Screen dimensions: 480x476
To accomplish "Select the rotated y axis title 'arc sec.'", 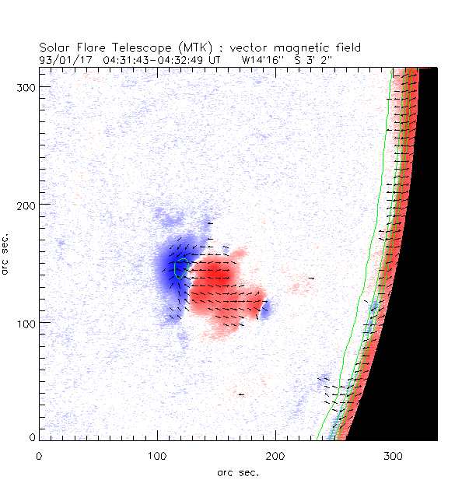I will pos(8,252).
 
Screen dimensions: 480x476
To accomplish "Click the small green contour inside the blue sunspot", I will pos(180,268).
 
